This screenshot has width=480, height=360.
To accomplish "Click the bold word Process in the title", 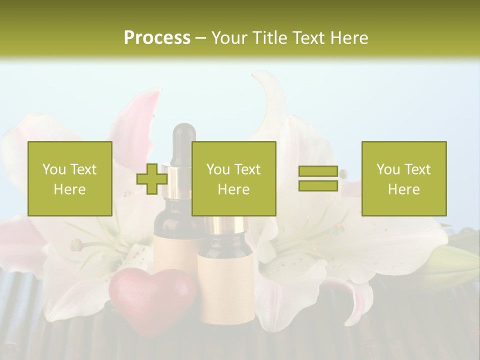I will (x=157, y=38).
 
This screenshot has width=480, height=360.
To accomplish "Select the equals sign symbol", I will (x=318, y=178).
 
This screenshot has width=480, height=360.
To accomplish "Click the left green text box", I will (x=70, y=178).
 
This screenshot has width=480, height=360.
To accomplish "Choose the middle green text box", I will (x=233, y=178).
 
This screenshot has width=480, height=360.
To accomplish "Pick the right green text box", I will (x=404, y=178).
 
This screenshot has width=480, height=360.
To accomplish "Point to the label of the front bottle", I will (x=225, y=285).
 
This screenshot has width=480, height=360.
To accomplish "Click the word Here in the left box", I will (x=69, y=189).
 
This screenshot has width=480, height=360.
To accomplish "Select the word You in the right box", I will (x=388, y=169).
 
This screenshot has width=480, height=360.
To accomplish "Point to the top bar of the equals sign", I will (x=318, y=171).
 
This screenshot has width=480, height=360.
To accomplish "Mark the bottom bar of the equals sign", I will (x=318, y=186).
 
